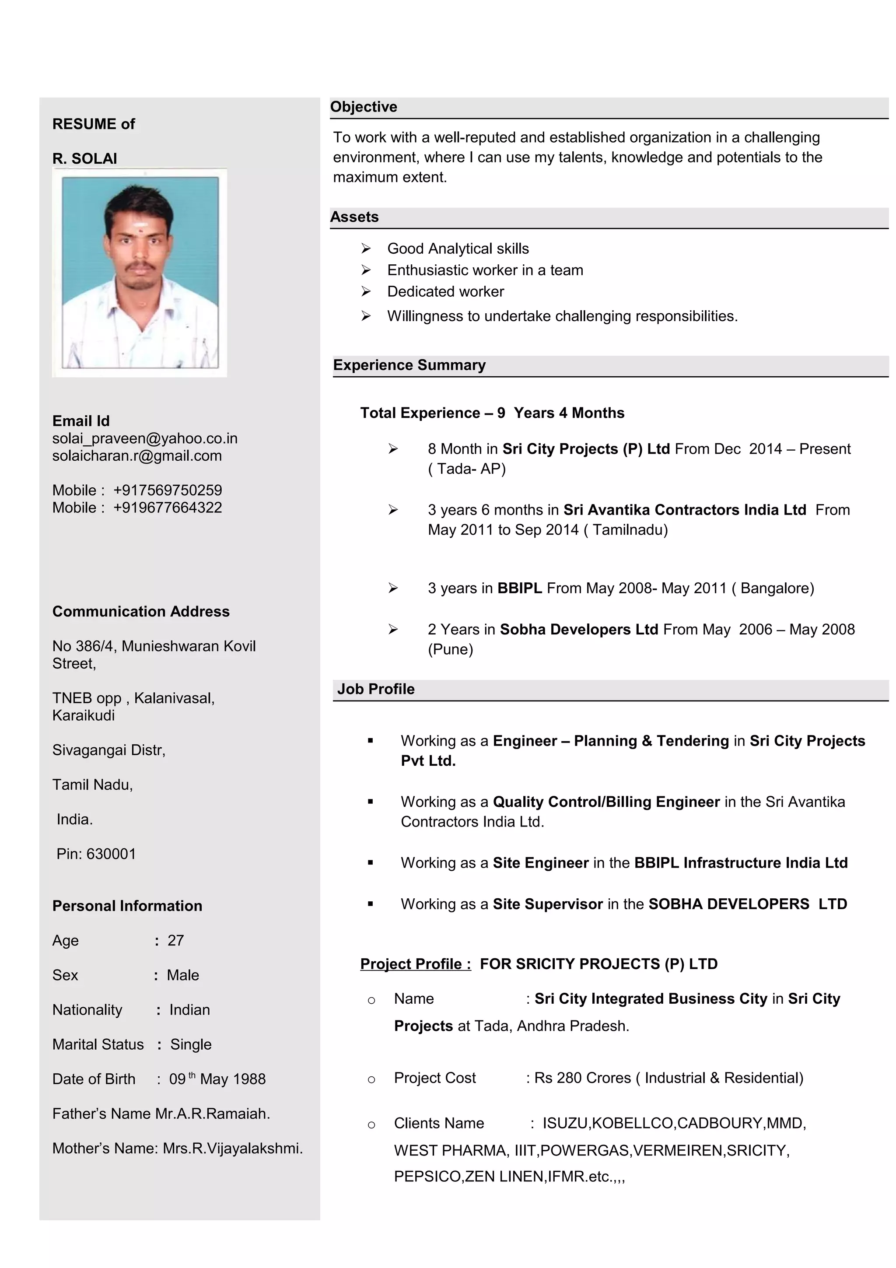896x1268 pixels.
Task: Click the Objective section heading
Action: pos(363,107)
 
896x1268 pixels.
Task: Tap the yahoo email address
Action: pos(145,438)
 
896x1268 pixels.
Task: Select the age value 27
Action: pos(175,941)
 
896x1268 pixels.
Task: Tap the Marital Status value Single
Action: pos(190,1044)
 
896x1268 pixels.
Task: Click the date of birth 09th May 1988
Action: pos(217,1079)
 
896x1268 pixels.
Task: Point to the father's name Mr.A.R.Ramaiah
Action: pos(213,1114)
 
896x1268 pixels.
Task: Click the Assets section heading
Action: pos(354,217)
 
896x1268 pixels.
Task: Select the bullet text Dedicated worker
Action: pos(445,291)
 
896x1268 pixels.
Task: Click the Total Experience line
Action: pos(492,413)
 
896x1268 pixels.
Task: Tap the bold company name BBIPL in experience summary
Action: pos(519,588)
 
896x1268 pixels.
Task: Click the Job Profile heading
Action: pos(375,689)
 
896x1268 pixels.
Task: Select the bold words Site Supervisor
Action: pos(548,904)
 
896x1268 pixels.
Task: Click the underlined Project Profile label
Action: pos(415,964)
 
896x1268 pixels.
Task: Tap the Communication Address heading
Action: pos(141,611)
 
